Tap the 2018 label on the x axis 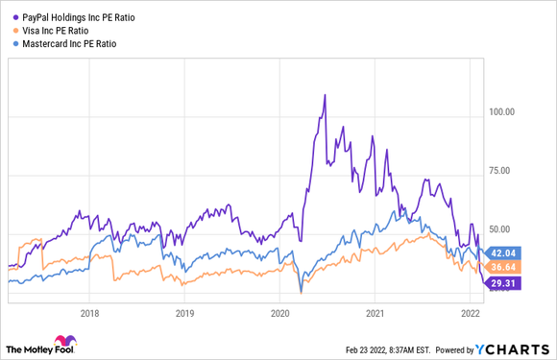click(90, 313)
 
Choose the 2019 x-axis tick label click(185, 313)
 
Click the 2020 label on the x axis click(280, 313)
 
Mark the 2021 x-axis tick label click(375, 313)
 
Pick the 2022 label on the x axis click(471, 313)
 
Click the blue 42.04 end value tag click(504, 252)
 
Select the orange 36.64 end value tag click(504, 265)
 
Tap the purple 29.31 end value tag click(504, 283)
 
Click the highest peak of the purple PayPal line click(325, 95)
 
